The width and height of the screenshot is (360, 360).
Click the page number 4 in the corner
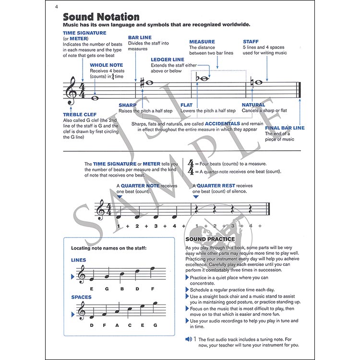point(56,6)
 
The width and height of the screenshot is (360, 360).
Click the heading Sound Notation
point(101,17)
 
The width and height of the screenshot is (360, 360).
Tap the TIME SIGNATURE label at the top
point(84,33)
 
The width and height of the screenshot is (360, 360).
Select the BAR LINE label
point(140,37)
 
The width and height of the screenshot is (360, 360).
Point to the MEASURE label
point(202,42)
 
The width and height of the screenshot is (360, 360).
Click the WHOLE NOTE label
point(107,65)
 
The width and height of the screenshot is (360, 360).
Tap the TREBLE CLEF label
point(80,114)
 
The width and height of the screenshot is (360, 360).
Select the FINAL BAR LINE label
point(285,128)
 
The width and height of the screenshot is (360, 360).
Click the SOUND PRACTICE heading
point(210,239)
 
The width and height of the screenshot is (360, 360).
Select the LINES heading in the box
point(78,260)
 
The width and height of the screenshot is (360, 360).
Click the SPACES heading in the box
point(81,297)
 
